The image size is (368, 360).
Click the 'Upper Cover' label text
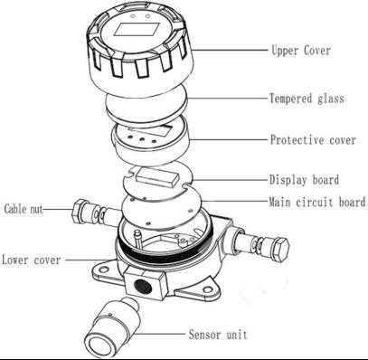coord(301,50)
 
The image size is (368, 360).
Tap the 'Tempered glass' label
coord(307,99)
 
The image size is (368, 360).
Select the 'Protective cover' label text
coord(313,140)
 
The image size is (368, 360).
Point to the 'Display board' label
coord(304,180)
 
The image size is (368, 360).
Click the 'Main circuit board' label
coord(317,202)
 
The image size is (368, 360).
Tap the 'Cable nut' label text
coord(24,209)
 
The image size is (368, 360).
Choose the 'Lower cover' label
coord(32,260)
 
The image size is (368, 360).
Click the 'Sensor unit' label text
coord(218,335)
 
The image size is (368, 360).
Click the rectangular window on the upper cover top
coord(137,30)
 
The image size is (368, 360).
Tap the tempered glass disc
coord(146,106)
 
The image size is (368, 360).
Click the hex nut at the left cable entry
coord(80,211)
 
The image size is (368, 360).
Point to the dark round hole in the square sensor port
coord(140,284)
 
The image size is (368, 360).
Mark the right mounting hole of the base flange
coord(208,289)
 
